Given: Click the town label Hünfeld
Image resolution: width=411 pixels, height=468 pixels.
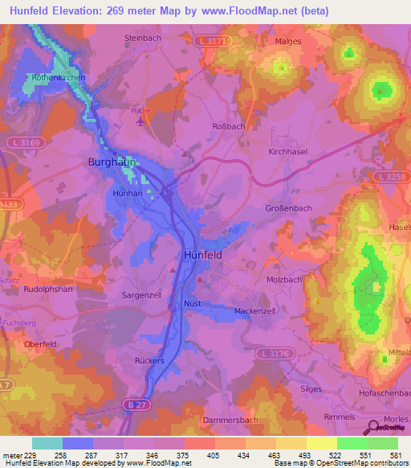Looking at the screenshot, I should pos(198,254).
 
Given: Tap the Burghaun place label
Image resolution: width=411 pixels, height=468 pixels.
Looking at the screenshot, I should pos(108,162).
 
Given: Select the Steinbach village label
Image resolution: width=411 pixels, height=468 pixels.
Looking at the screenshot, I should pos(143,37).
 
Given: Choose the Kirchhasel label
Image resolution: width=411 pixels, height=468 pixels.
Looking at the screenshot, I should pos(288,150).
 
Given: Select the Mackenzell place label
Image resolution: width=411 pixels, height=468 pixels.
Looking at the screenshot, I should pos(254,310).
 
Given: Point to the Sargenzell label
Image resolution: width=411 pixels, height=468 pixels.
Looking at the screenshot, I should pos(141,296).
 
